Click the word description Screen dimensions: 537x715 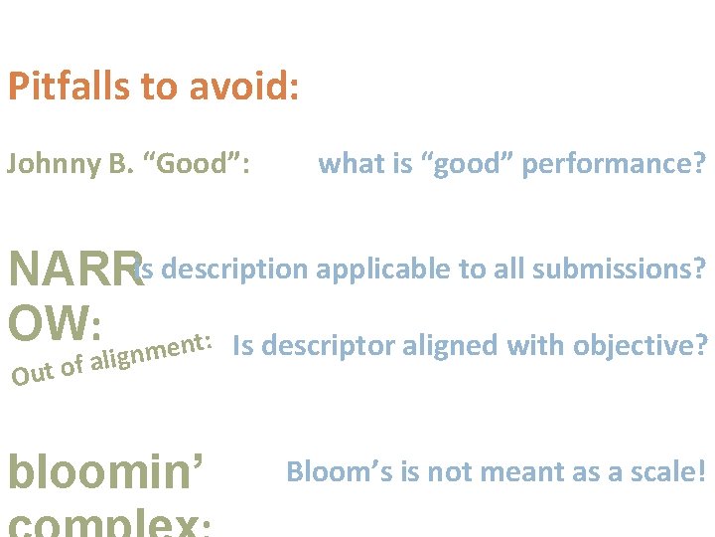click(234, 268)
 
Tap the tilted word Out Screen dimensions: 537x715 click(31, 376)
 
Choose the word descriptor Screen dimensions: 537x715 click(329, 345)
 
